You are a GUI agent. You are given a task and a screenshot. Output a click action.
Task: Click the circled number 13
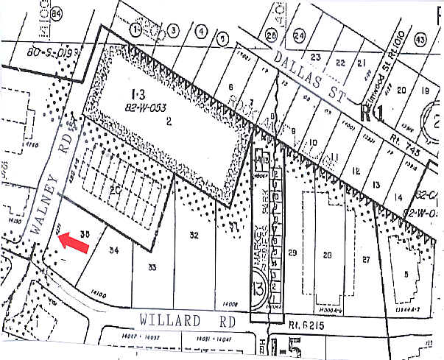tap(257, 285)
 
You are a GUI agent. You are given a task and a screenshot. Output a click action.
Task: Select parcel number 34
tap(113, 250)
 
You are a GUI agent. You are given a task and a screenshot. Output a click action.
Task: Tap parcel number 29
tap(292, 253)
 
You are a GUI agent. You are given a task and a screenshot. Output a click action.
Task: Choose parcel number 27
tap(366, 259)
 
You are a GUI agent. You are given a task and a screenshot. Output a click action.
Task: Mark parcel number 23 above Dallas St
tap(317, 57)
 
